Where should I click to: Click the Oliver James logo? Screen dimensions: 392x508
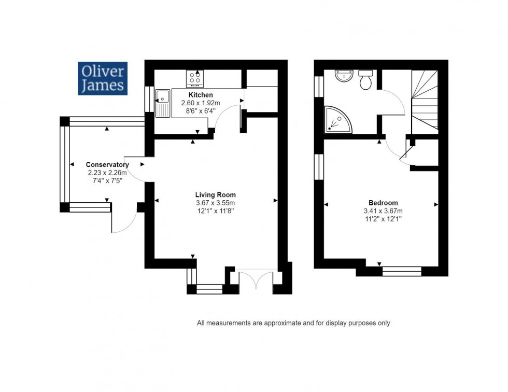coord(103,78)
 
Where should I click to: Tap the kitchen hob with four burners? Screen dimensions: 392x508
coord(195,78)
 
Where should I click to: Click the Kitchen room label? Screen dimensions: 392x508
coord(201,95)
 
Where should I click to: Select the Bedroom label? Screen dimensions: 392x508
coord(383,203)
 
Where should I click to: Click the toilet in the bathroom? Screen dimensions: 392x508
coord(366,80)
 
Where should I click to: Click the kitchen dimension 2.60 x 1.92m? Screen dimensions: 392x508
coord(201,103)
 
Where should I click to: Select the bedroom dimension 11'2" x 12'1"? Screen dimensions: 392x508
coord(383,219)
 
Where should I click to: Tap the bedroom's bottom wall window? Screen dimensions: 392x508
coord(401,271)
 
